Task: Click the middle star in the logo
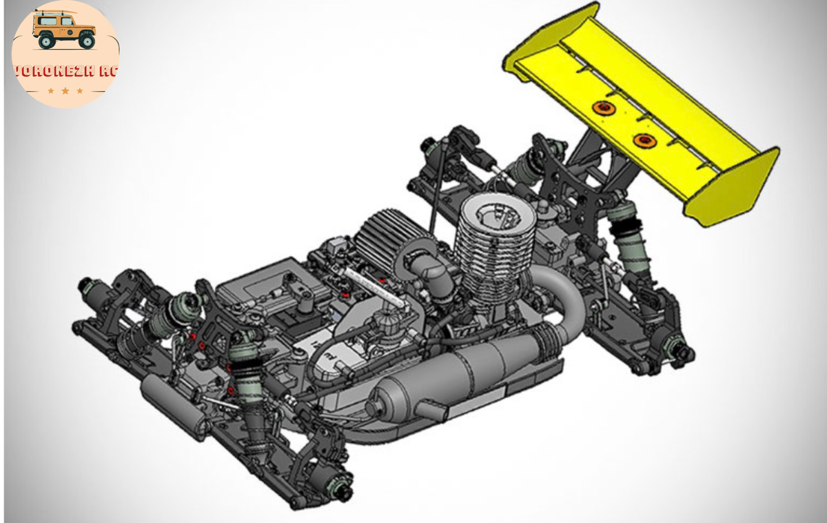(x=65, y=90)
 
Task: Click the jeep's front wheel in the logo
(x=87, y=41)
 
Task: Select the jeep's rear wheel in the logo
(x=47, y=41)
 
